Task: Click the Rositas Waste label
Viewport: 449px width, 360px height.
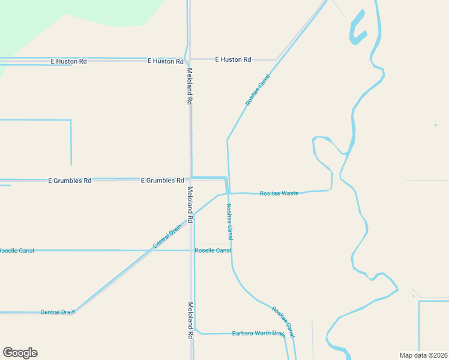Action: point(279,193)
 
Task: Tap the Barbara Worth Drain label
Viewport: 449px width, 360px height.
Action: point(258,333)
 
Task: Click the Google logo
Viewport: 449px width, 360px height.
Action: point(20,353)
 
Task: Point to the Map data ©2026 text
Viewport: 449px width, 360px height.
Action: point(424,355)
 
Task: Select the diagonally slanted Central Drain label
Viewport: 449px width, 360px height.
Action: point(167,236)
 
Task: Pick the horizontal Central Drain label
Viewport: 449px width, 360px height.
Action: point(58,312)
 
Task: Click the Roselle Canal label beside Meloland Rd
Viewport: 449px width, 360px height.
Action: point(213,250)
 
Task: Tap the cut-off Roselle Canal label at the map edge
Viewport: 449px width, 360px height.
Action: point(17,250)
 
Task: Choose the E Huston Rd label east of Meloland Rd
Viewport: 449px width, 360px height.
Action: point(232,59)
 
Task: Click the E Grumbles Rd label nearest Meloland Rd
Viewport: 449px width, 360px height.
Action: point(162,180)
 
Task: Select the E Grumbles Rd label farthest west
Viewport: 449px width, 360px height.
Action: point(70,180)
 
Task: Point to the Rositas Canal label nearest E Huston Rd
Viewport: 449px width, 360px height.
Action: point(258,90)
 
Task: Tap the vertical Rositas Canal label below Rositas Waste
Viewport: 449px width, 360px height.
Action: point(229,222)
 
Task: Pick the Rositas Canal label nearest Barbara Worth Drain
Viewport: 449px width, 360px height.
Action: point(283,321)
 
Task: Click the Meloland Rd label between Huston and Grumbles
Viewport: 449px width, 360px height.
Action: point(189,86)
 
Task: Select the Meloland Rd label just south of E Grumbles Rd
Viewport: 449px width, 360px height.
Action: point(190,205)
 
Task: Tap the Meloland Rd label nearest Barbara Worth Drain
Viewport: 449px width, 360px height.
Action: point(190,320)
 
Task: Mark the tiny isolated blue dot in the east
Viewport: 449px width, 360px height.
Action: point(435,125)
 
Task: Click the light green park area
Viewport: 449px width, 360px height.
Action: point(72,24)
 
